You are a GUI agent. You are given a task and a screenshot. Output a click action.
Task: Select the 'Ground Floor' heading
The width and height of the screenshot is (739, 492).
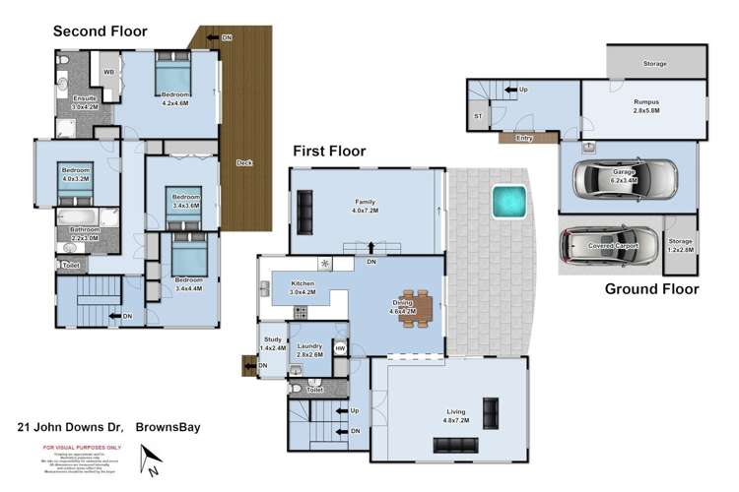click(651, 289)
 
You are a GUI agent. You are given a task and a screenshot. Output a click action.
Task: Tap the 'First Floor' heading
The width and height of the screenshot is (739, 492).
click(329, 152)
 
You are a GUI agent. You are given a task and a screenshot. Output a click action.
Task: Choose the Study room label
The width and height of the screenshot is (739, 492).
click(271, 341)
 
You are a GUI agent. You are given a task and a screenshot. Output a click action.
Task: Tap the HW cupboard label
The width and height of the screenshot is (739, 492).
click(340, 347)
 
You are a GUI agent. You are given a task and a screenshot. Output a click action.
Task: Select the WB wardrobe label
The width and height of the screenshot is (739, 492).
click(109, 72)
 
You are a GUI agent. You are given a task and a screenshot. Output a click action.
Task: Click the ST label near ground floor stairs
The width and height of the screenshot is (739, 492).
click(478, 116)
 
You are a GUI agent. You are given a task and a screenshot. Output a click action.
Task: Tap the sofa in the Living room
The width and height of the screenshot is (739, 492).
click(490, 409)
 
